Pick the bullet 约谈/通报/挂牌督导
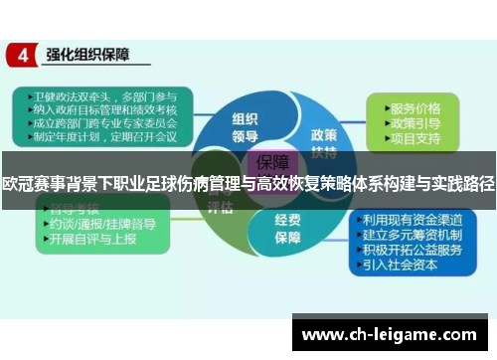(99, 225)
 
